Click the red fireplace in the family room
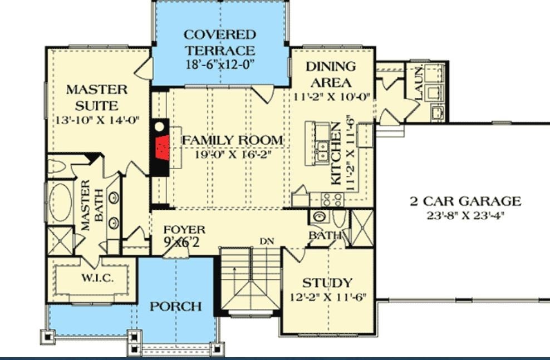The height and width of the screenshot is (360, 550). [162, 146]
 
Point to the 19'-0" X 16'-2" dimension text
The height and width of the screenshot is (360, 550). [233, 155]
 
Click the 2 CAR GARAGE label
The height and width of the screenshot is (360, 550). [465, 201]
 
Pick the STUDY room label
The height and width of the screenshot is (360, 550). [327, 283]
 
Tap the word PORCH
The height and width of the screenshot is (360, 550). [175, 306]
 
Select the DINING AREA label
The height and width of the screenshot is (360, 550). [331, 75]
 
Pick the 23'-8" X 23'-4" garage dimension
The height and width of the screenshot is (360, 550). [465, 214]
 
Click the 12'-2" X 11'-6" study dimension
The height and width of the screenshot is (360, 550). [327, 297]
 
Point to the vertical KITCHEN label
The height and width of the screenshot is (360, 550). [336, 155]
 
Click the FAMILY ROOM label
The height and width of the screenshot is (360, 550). [233, 140]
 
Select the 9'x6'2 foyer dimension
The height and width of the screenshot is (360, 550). [181, 241]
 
